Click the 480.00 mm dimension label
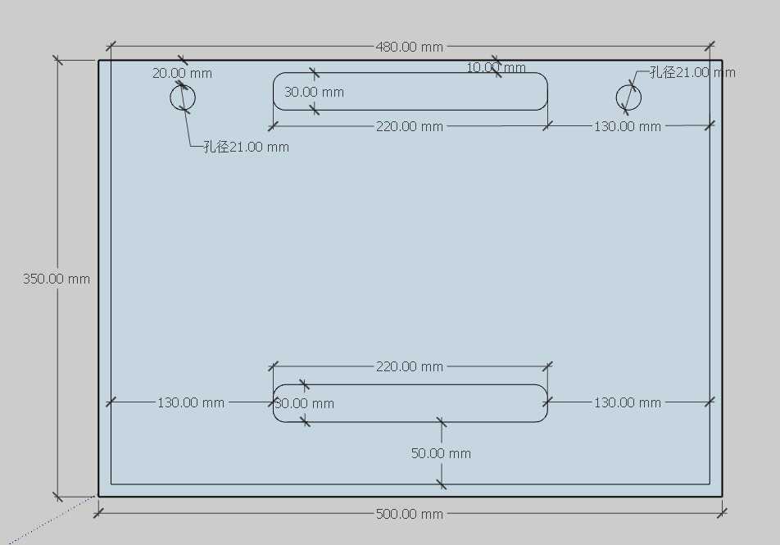coord(409,47)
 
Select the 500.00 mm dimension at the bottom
coord(409,514)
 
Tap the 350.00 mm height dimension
coord(57,279)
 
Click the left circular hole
coord(183,98)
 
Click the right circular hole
coord(628,98)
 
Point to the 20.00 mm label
coord(182,73)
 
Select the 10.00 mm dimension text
coord(496,67)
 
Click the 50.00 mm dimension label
coord(441,453)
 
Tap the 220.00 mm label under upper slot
coord(409,126)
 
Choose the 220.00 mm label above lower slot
coord(409,366)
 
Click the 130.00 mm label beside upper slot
coord(627,126)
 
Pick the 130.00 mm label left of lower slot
coord(191,402)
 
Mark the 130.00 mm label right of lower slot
coord(627,402)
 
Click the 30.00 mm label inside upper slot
coord(314,92)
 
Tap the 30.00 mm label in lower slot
coord(304,403)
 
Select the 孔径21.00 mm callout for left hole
coord(246,148)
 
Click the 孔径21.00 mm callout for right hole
coord(692,72)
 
